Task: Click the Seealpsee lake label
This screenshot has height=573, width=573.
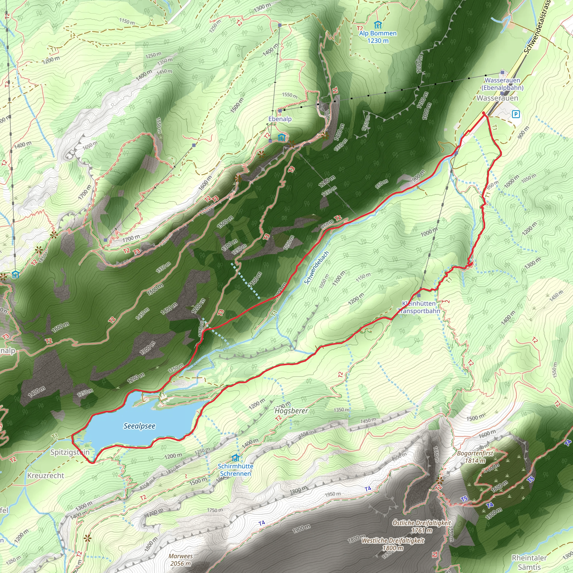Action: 139,426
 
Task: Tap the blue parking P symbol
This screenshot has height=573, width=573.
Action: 516,114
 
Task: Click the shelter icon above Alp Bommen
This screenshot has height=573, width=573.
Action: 377,24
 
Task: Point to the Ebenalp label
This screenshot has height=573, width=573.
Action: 280,119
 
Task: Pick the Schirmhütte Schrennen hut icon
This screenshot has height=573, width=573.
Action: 236,458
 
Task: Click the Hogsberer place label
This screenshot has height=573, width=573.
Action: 291,411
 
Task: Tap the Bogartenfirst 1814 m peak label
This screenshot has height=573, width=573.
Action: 475,457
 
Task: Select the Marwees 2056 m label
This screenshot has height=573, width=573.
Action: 180,560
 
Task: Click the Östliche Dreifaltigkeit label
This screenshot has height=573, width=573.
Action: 421,526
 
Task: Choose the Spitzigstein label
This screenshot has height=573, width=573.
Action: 70,452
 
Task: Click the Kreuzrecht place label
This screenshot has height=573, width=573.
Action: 46,476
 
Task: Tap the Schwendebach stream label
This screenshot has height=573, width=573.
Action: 316,267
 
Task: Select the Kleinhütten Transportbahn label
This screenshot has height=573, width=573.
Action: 419,307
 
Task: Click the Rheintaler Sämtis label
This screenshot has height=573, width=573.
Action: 529,562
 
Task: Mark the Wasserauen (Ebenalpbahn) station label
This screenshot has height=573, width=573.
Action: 502,84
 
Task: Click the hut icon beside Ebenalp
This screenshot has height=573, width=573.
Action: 281,137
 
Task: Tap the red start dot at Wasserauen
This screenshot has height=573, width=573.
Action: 484,113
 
